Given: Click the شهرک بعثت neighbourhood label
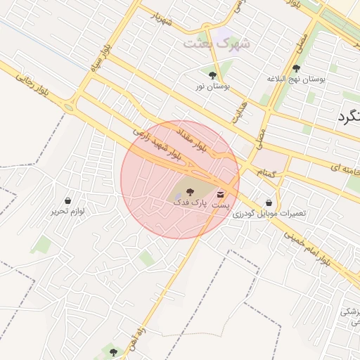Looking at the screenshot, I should (x=217, y=43).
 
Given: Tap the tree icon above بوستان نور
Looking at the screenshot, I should (x=212, y=74).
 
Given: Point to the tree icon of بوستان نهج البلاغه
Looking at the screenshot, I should (x=296, y=68).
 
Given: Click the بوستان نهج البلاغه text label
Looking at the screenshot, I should (x=297, y=80).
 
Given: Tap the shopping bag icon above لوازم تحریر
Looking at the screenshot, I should (x=67, y=200).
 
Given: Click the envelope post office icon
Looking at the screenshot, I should (x=221, y=193).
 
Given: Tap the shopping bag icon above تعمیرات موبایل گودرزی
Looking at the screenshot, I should (x=269, y=202).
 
